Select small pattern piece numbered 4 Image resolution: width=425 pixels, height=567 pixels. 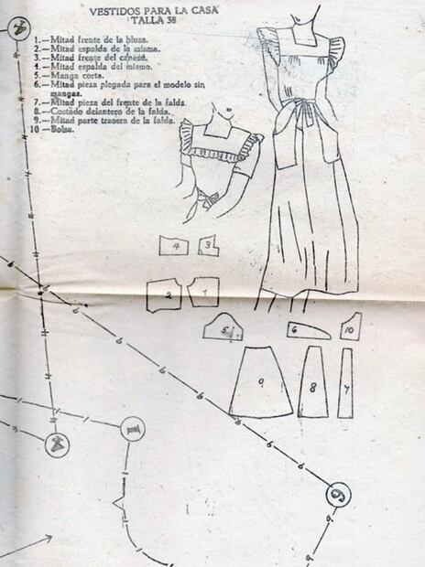click(173, 246)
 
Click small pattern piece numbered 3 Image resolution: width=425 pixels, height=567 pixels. click(209, 245)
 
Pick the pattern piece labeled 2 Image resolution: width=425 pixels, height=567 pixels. click(166, 294)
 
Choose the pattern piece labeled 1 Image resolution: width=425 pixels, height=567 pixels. click(203, 293)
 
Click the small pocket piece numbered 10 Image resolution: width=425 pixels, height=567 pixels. click(350, 326)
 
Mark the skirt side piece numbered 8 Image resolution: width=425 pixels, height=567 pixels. click(312, 383)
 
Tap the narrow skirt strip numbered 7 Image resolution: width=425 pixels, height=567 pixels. click(345, 383)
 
